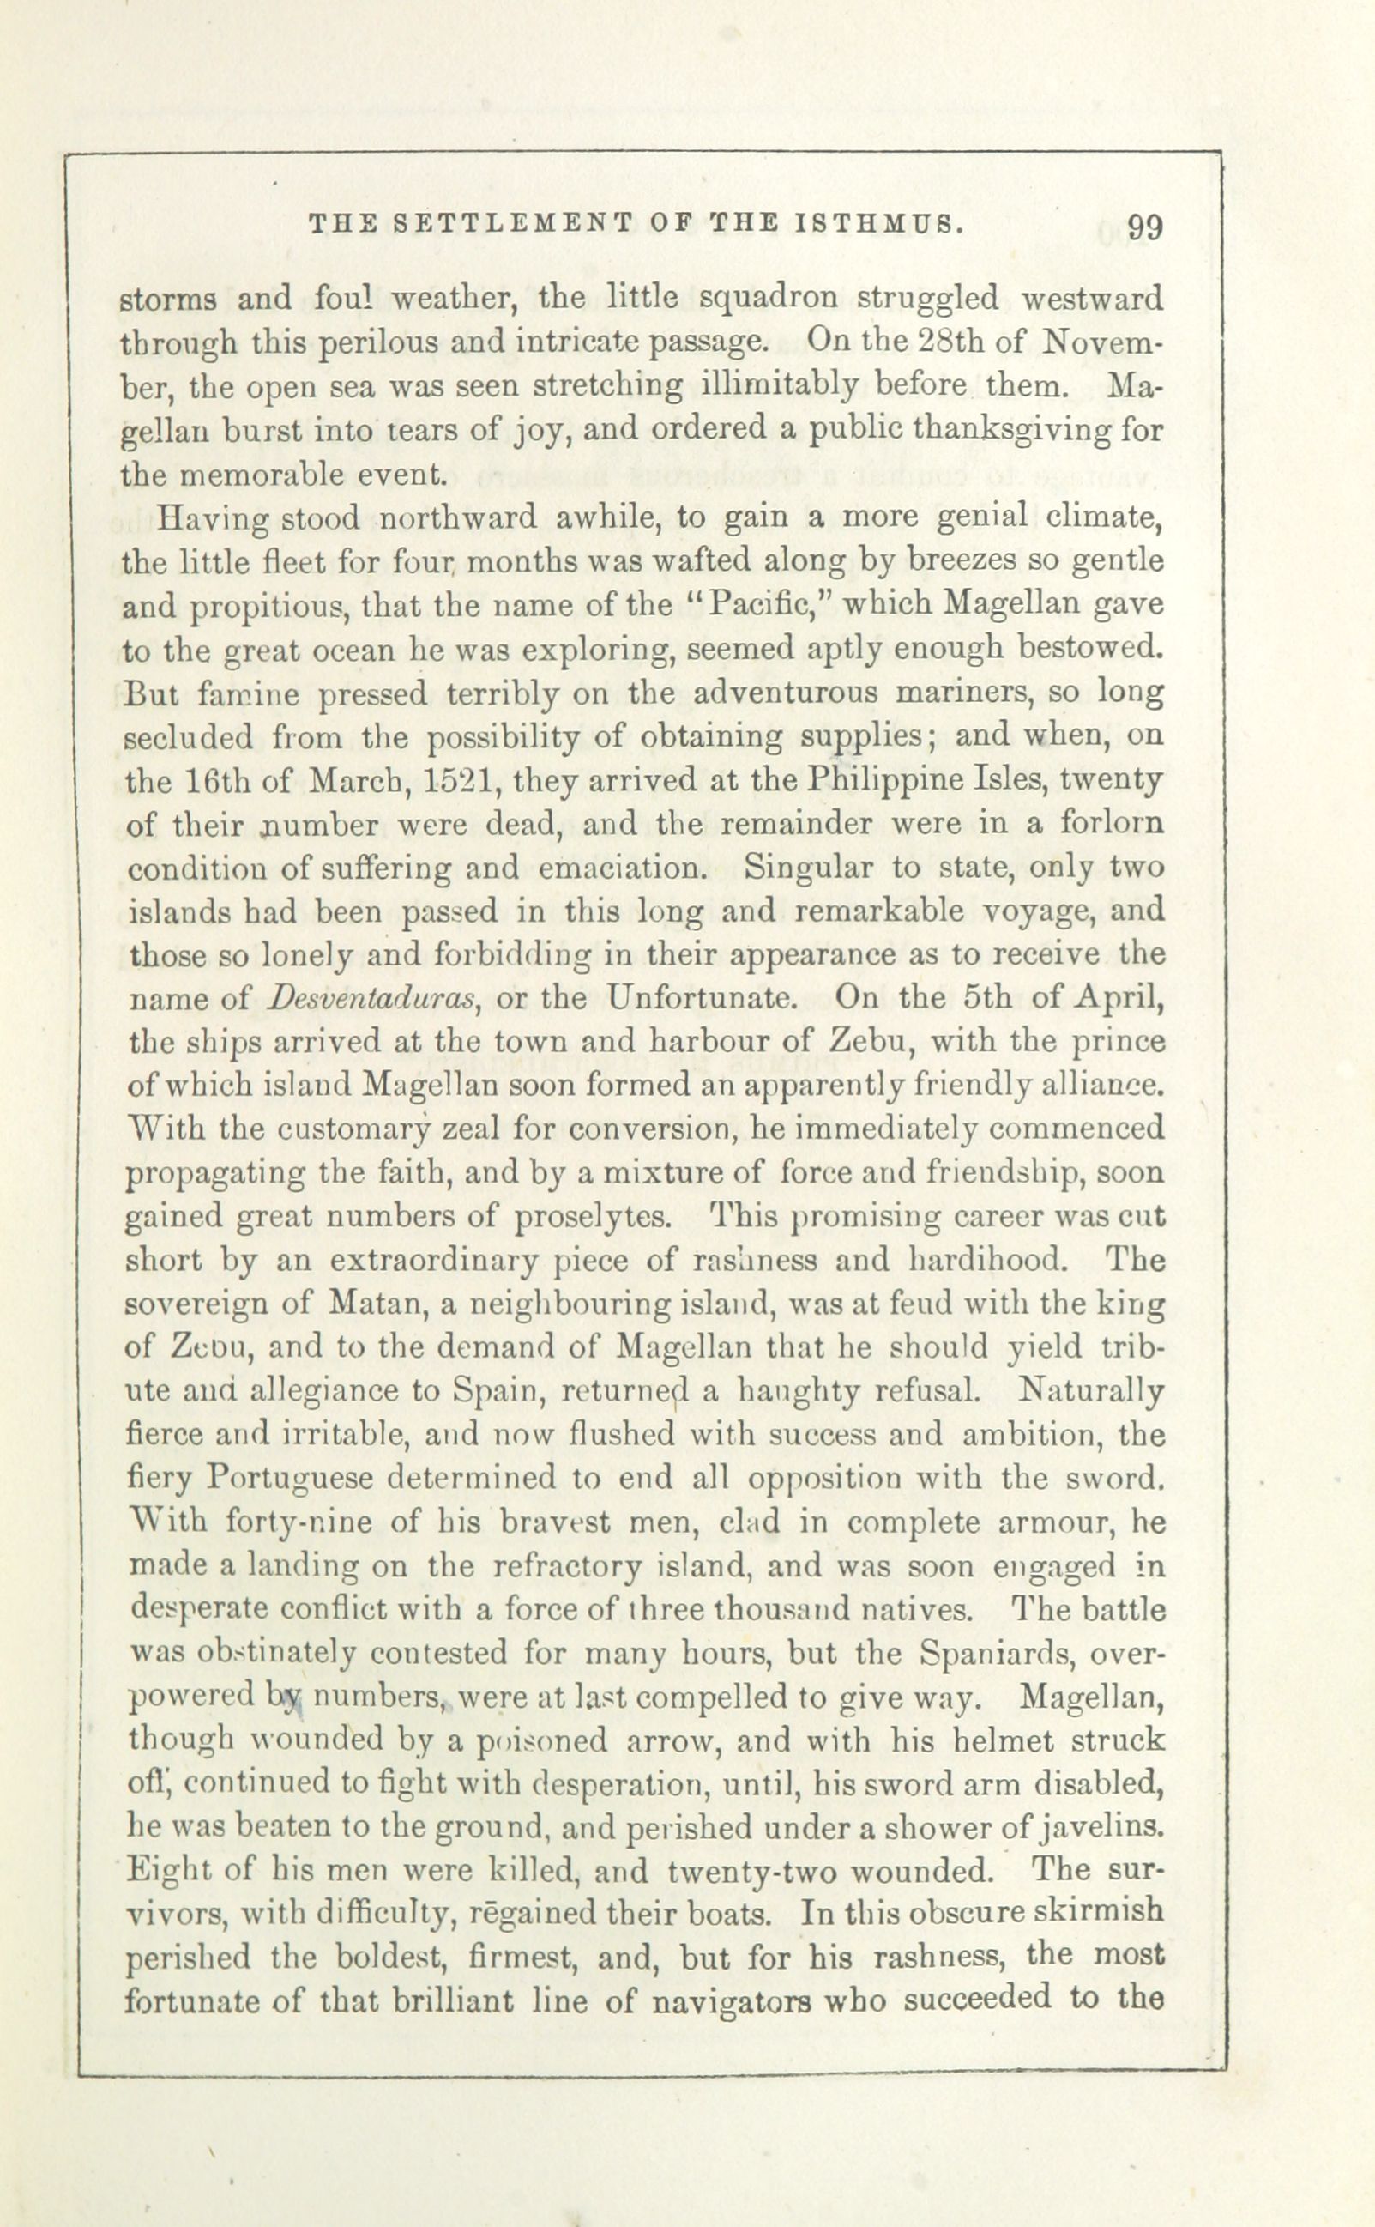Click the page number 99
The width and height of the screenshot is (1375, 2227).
point(1144,227)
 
